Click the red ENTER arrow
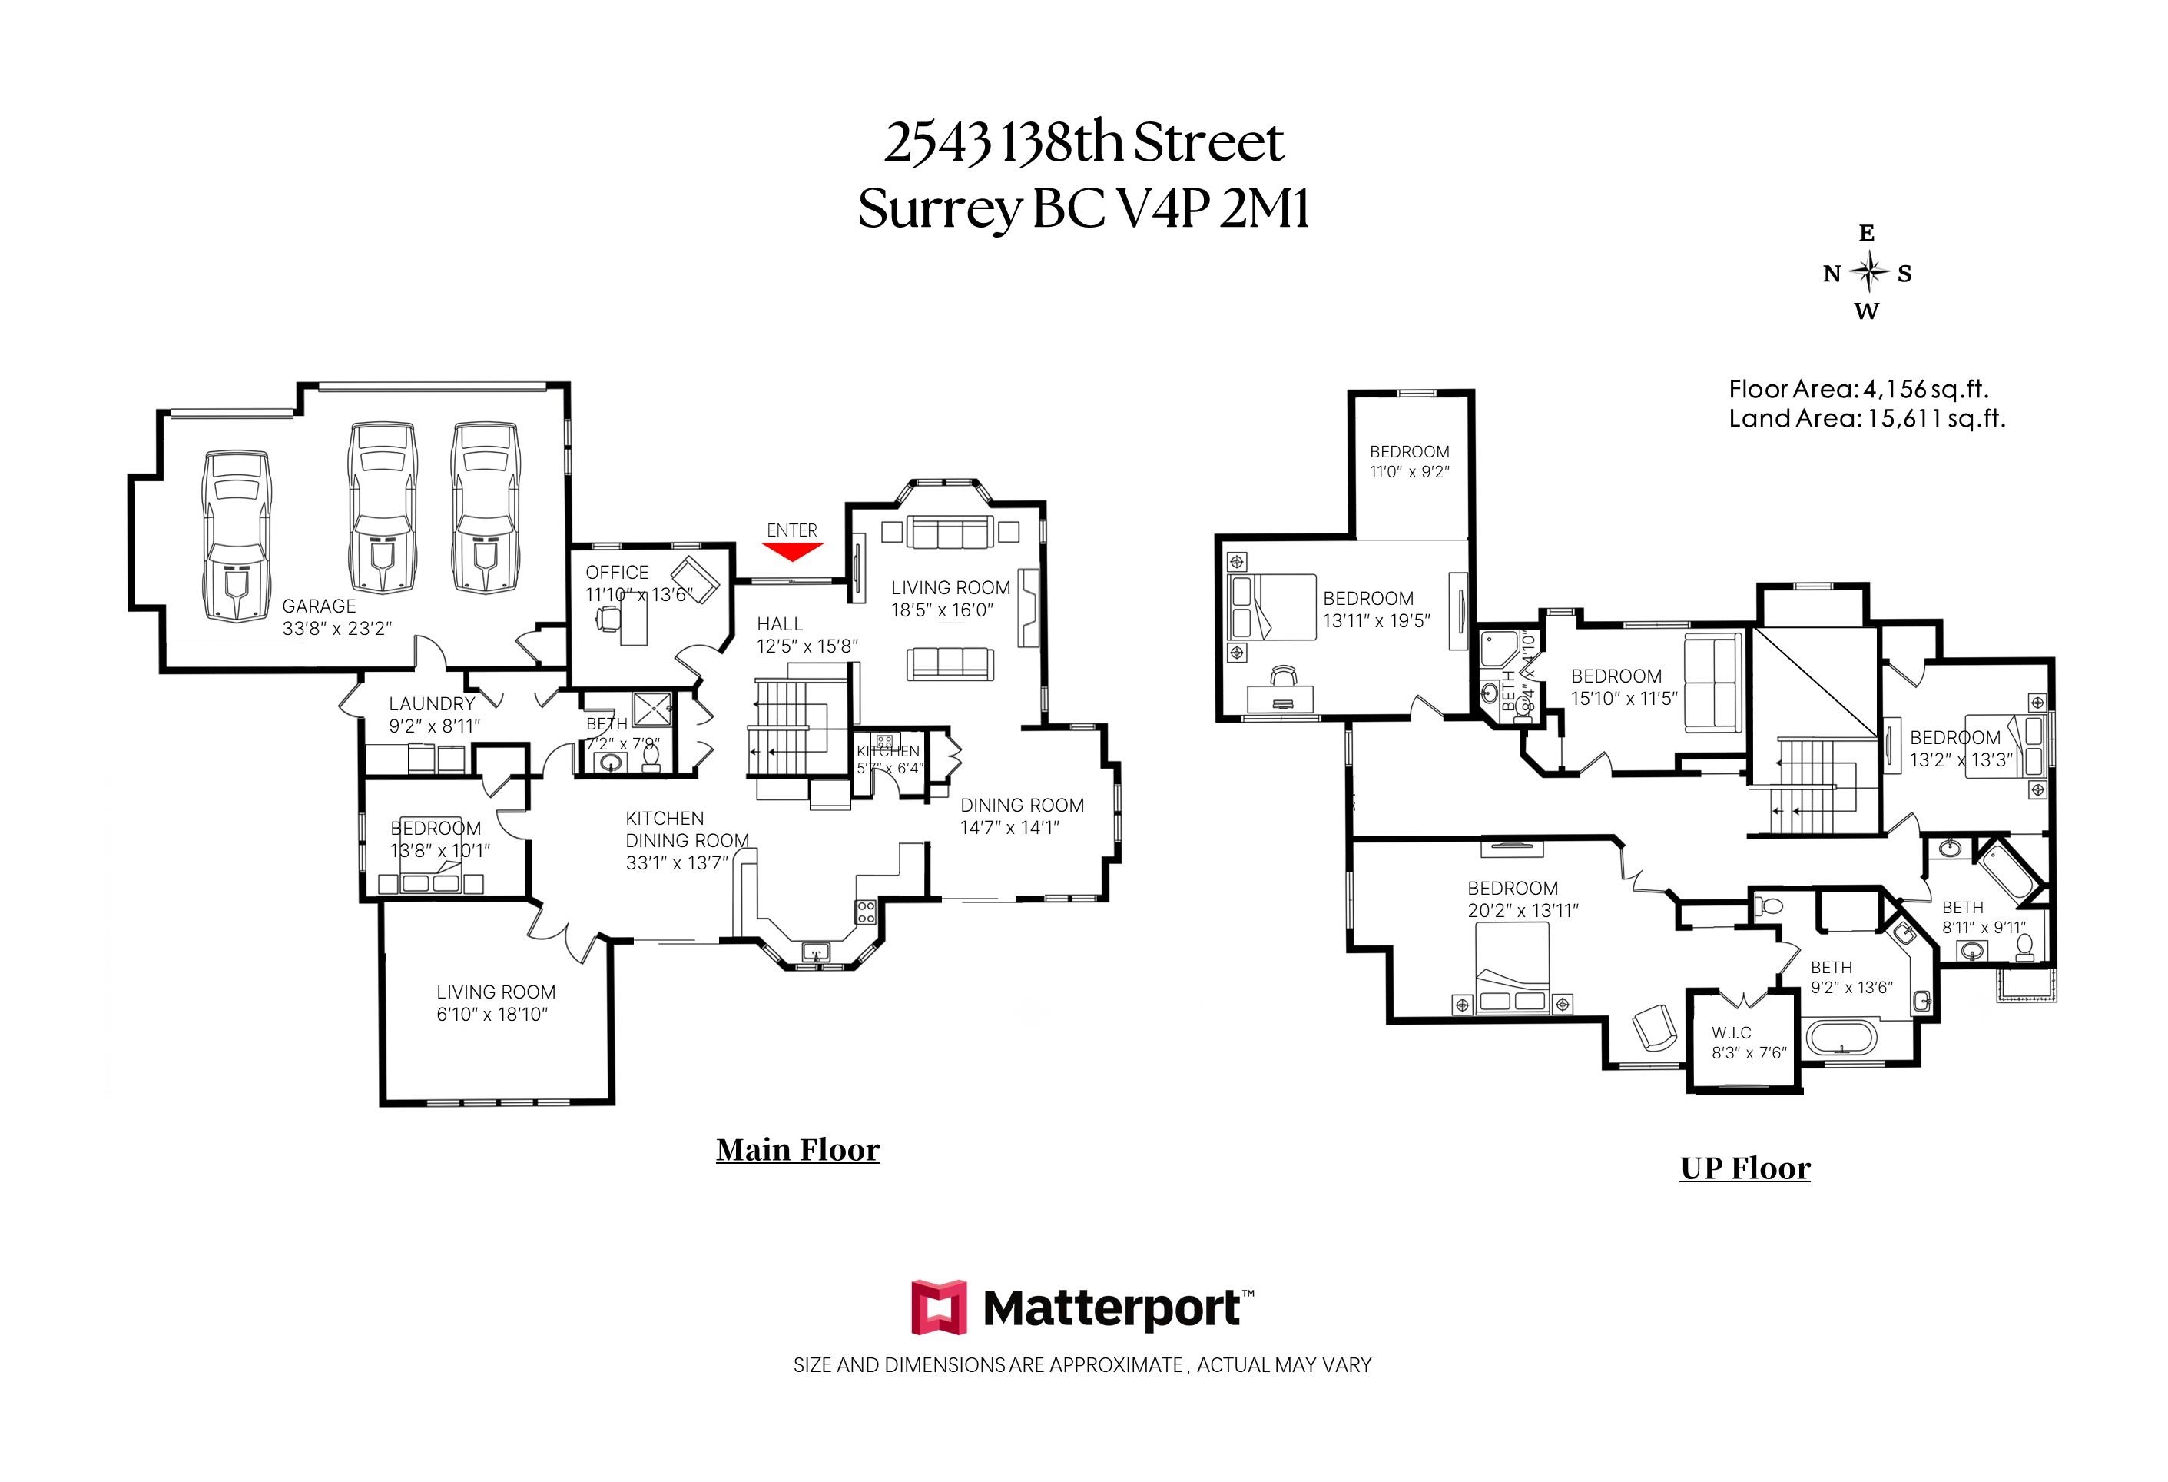(x=791, y=552)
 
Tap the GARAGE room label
(x=319, y=606)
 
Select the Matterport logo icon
(x=939, y=1307)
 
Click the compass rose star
(x=1868, y=273)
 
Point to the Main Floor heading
(x=797, y=1150)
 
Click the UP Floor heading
(x=1745, y=1168)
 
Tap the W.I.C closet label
(x=1732, y=1033)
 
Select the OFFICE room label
(x=617, y=572)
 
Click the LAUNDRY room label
(x=432, y=703)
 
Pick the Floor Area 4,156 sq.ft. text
(x=1858, y=389)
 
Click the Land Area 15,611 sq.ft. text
(x=1867, y=418)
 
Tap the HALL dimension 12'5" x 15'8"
(x=807, y=646)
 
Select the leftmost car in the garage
(x=237, y=537)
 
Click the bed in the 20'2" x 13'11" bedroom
(x=1511, y=969)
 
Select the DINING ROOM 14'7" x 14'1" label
(x=1022, y=816)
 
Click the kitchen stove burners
(x=866, y=912)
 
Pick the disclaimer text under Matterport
(x=1082, y=1365)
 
